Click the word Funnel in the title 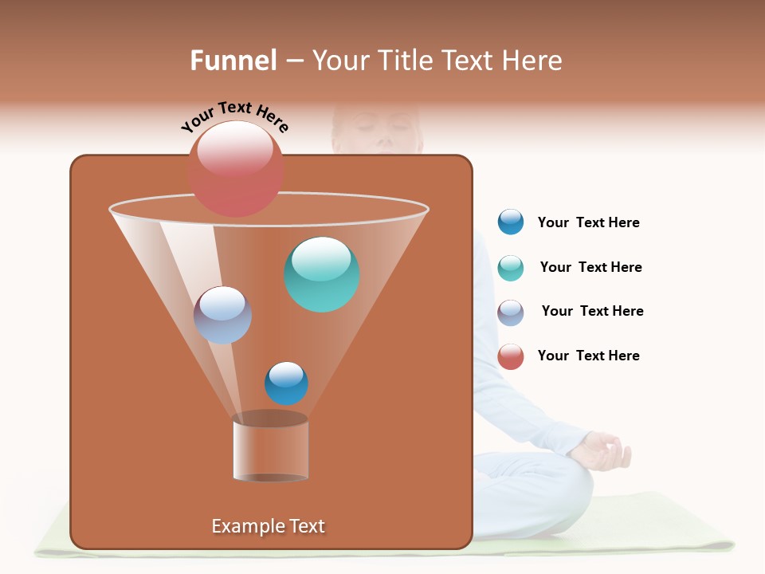pos(233,61)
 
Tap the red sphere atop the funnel pos(236,168)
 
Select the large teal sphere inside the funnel pos(322,273)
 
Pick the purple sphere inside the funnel pos(223,315)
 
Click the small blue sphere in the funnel pos(286,383)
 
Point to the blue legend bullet pos(511,222)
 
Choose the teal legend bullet pos(511,268)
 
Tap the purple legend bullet pos(511,313)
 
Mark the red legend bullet pos(511,356)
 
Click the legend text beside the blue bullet pos(589,222)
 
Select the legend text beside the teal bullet pos(590,267)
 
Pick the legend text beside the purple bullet pos(592,311)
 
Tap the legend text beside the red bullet pos(589,356)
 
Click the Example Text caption pos(269,526)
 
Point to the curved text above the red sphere pos(234,116)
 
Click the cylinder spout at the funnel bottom pos(270,450)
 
